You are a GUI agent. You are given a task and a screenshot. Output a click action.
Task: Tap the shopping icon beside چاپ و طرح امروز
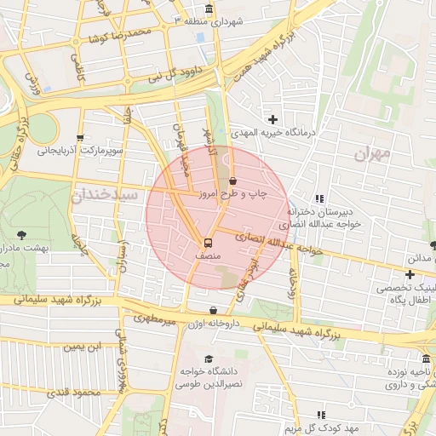tap(232, 181)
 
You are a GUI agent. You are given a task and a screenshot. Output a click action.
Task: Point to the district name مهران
tap(373, 153)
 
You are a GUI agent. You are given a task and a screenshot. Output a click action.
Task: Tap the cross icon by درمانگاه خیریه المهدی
tap(272, 119)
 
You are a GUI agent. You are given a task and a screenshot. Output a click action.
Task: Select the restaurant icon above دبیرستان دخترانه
tap(320, 198)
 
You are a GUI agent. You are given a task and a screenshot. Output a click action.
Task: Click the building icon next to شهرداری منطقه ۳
tap(209, 9)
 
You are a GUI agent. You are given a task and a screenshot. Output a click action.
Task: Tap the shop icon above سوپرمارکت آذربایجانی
tap(80, 137)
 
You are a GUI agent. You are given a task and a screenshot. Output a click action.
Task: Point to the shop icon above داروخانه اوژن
tap(213, 310)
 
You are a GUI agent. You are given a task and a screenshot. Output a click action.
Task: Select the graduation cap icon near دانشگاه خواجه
tap(209, 359)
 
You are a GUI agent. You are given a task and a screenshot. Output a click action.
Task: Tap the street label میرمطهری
tap(153, 318)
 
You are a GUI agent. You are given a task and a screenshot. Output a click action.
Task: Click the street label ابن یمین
tap(85, 346)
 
